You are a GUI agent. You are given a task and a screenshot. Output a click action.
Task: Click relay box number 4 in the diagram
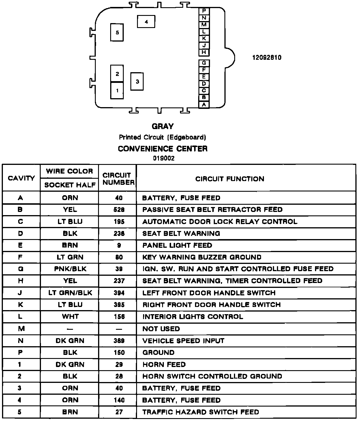[146, 22]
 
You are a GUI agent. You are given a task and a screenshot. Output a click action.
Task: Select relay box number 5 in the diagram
[117, 33]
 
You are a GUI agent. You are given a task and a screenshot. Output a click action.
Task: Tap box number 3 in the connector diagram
[137, 82]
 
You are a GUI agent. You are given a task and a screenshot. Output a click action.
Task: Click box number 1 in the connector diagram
[117, 91]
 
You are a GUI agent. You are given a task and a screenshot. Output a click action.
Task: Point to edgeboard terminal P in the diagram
[204, 11]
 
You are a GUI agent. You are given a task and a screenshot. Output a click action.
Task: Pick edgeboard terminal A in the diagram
[204, 105]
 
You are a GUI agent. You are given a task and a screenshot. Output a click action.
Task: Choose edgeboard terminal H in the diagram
[204, 52]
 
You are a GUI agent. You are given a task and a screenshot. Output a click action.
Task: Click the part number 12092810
[267, 57]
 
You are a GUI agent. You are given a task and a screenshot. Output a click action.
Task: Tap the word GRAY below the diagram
[163, 126]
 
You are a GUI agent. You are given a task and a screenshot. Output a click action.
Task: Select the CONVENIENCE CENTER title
[163, 149]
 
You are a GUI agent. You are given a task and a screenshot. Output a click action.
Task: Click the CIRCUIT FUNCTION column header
[230, 179]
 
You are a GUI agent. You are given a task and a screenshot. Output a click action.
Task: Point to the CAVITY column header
[21, 178]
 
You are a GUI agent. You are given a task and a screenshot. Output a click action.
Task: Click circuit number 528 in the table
[119, 210]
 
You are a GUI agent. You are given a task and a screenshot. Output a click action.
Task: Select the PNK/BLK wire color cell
[70, 269]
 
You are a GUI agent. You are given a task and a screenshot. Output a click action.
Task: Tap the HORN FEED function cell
[164, 364]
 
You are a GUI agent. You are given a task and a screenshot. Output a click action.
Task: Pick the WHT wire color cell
[70, 316]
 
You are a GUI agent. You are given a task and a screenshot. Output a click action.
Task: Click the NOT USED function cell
[161, 329]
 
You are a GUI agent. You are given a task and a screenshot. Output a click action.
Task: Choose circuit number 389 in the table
[119, 341]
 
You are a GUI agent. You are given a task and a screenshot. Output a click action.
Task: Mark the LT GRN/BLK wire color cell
[70, 293]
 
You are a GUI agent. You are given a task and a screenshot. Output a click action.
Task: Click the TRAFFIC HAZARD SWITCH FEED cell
[200, 412]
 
